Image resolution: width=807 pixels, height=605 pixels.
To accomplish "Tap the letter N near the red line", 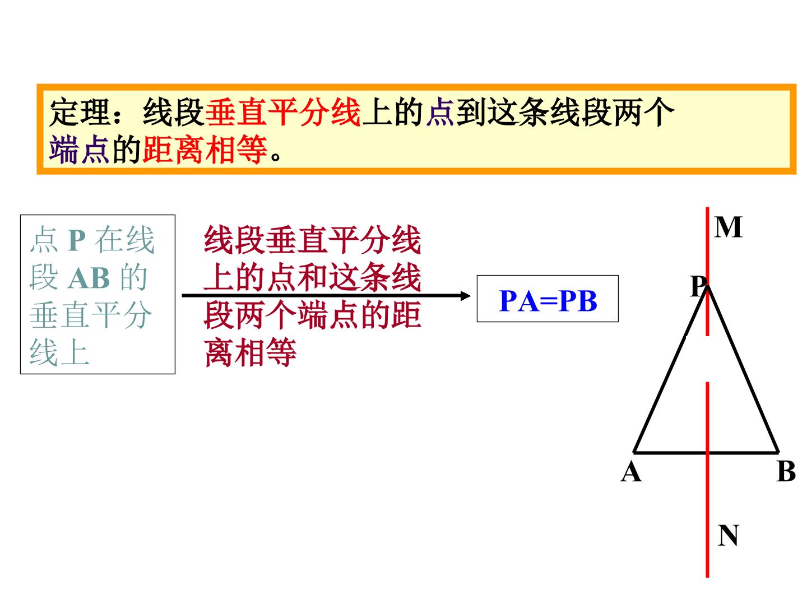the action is pos(727,535).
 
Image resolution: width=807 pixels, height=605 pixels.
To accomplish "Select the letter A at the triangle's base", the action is pos(631,471).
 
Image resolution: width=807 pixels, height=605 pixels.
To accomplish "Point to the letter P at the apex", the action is pos(698,286).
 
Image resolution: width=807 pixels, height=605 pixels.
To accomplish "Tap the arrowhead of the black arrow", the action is pos(466,296).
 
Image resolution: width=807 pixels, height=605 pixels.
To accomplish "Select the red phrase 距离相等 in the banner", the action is pos(205,150).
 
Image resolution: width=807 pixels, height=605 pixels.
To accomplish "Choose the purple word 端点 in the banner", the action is pos(80,150).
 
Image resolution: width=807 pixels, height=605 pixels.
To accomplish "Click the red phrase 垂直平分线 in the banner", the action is pos(283,113).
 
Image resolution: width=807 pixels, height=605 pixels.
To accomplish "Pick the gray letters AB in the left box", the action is pos(89,278).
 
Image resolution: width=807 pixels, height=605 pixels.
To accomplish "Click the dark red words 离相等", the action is pos(251,353).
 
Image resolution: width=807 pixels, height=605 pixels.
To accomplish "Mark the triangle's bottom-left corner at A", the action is pos(634,452).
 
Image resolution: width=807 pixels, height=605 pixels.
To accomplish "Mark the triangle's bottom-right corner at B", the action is pos(778,452).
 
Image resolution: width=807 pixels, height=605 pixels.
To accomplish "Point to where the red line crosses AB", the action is pos(707,452).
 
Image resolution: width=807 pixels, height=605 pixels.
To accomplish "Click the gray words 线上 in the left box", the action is pos(59,353).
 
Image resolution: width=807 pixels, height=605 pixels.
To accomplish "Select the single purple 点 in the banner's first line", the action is pos(440,113).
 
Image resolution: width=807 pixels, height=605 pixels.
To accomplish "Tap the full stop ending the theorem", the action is pos(275,157).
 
